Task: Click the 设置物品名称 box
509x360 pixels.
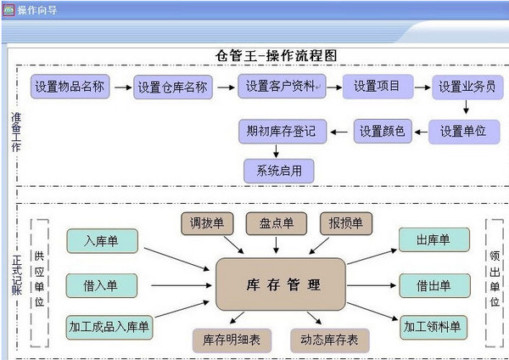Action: tap(70, 87)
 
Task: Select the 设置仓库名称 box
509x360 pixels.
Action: tap(172, 87)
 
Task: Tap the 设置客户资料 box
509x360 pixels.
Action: tap(280, 87)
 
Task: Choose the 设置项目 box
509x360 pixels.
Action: tap(378, 87)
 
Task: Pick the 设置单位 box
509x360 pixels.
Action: tap(463, 132)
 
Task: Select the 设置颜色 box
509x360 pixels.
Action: tap(382, 132)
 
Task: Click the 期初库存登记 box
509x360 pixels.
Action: tap(281, 132)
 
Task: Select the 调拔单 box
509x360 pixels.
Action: tap(207, 223)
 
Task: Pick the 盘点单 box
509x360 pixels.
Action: tap(276, 223)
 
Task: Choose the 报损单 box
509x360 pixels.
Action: tap(345, 223)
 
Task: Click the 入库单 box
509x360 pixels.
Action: tap(102, 241)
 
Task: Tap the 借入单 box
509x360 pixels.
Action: tap(102, 284)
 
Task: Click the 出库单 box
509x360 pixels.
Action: tap(433, 240)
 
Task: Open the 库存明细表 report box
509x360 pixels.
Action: tap(231, 340)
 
